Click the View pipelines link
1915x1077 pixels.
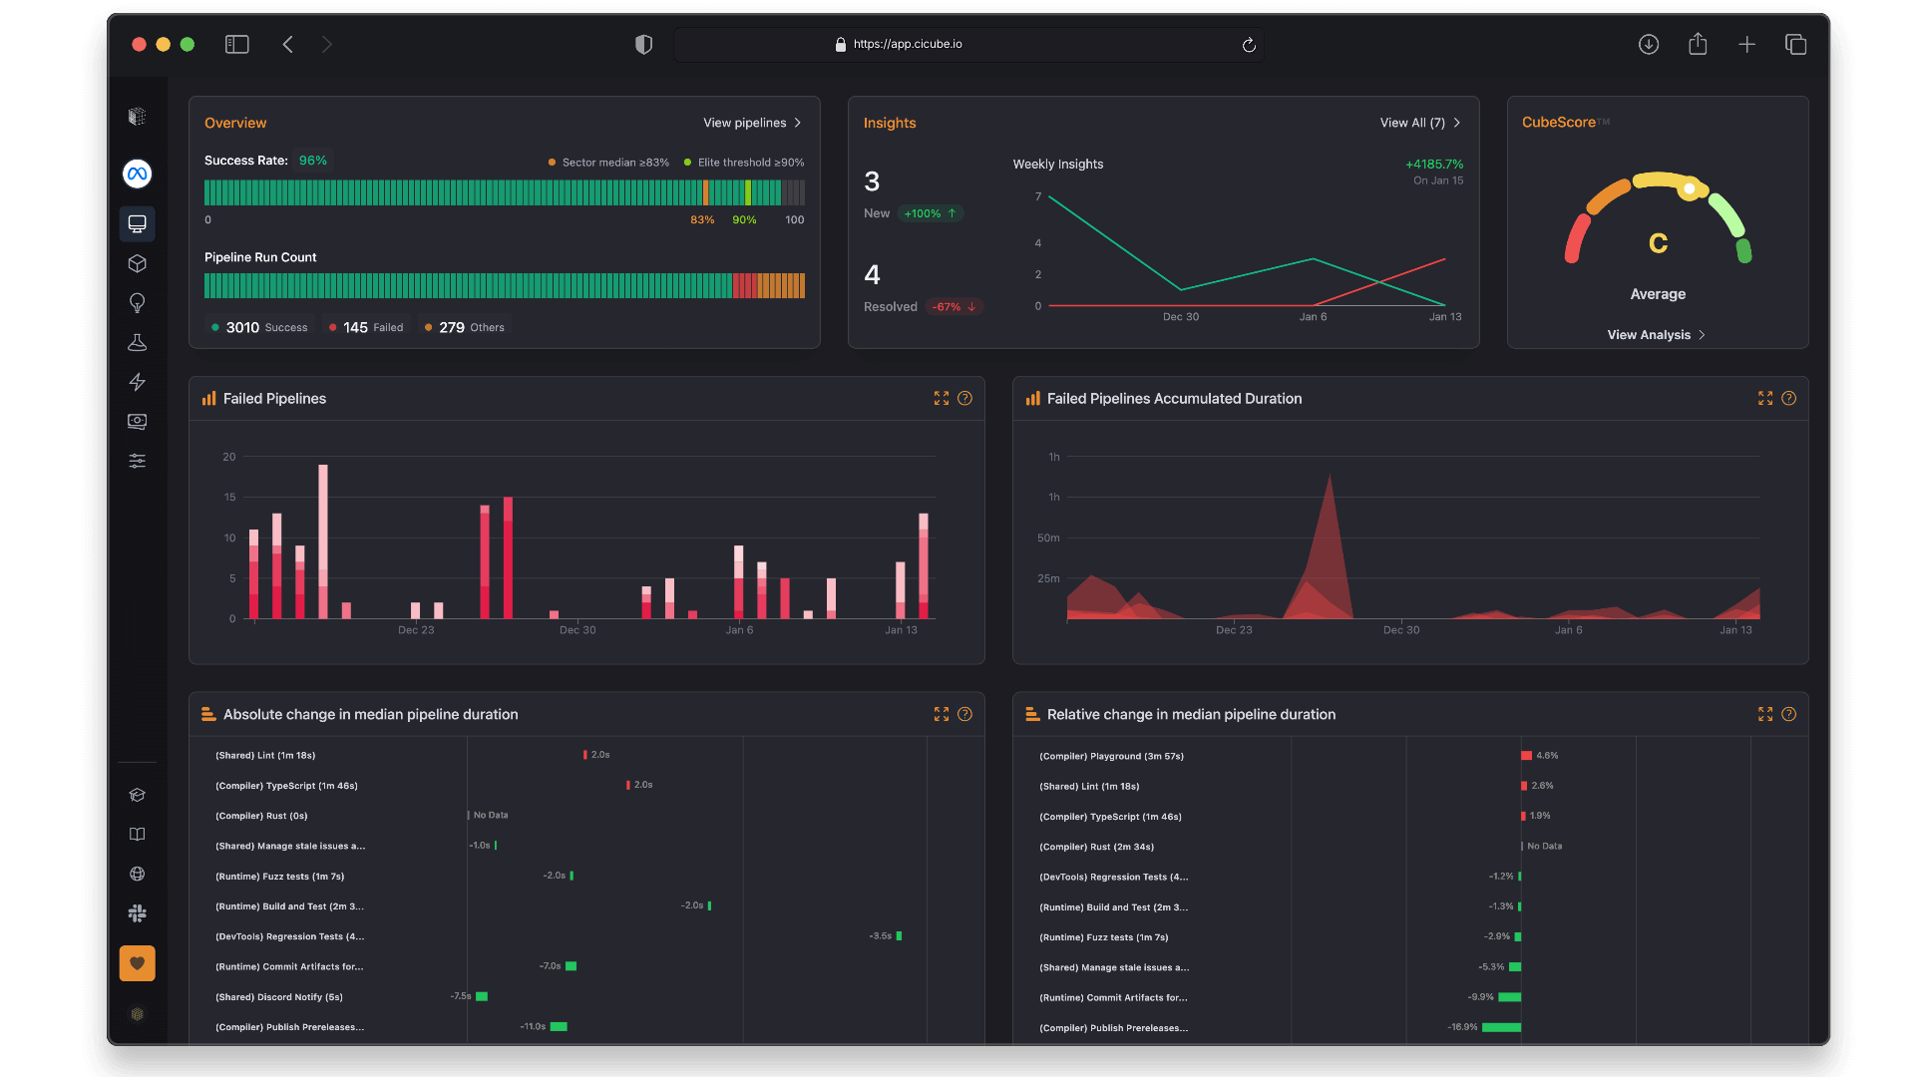[751, 123]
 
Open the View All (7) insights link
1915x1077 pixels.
[1418, 123]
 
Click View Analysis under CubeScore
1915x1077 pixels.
[1656, 335]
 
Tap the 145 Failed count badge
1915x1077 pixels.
[366, 327]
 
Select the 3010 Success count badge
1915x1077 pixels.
[259, 327]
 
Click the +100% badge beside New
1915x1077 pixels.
[930, 213]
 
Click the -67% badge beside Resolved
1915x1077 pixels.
[954, 307]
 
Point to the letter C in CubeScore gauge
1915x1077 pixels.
[1658, 243]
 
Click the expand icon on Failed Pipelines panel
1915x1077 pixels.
[941, 398]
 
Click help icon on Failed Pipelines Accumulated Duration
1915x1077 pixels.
[1788, 398]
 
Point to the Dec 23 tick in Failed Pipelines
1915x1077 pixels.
[416, 629]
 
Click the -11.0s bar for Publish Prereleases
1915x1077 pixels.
[559, 1026]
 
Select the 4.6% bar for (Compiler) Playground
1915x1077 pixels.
[1526, 756]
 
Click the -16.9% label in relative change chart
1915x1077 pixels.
[1462, 1027]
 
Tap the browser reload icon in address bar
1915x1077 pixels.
[1248, 45]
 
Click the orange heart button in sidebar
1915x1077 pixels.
[137, 963]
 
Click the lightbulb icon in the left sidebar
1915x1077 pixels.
[137, 302]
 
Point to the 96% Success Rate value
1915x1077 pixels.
[312, 161]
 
